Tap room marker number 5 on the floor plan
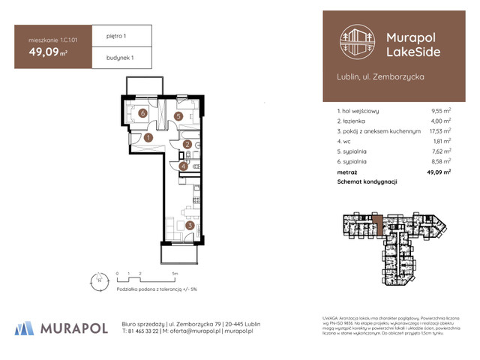(179, 116)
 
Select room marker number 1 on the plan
(148, 137)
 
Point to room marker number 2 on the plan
(187, 145)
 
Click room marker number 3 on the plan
(190, 224)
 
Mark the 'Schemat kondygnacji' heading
(367, 182)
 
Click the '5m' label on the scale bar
(175, 274)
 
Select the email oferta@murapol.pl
(196, 331)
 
